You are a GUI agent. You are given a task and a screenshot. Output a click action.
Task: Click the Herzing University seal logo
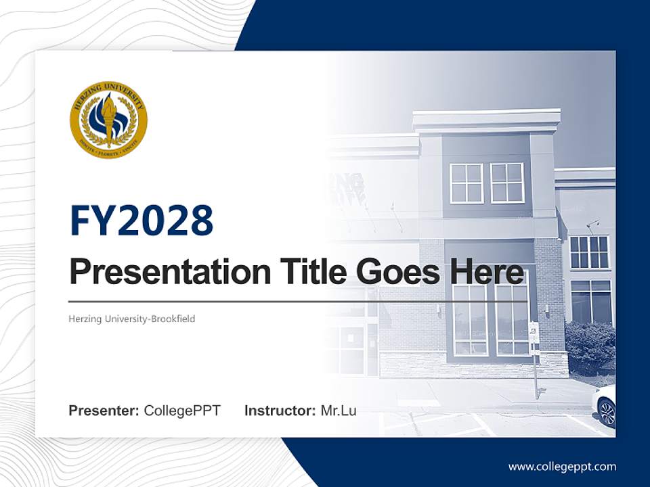(x=108, y=120)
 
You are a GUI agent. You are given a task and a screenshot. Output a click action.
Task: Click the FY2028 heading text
(x=142, y=221)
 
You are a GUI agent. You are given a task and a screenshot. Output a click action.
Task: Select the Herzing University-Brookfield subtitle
(x=131, y=319)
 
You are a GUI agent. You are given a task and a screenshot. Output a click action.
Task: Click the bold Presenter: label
(x=104, y=411)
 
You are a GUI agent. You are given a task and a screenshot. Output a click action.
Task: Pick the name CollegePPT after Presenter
(x=182, y=411)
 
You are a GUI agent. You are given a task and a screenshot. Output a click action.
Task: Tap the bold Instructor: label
(x=280, y=411)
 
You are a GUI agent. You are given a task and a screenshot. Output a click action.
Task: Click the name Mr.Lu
(x=339, y=411)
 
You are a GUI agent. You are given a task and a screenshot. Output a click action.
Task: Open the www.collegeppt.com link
(x=562, y=467)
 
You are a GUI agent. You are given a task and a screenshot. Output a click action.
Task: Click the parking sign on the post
(x=533, y=331)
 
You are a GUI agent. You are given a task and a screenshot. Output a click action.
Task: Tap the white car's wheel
(x=607, y=412)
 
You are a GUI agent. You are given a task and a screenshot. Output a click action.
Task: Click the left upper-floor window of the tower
(x=467, y=183)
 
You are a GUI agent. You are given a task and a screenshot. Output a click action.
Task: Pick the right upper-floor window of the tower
(x=507, y=183)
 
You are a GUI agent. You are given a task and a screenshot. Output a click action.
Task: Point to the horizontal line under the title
(x=298, y=302)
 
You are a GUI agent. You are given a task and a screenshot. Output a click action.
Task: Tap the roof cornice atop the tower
(x=486, y=120)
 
